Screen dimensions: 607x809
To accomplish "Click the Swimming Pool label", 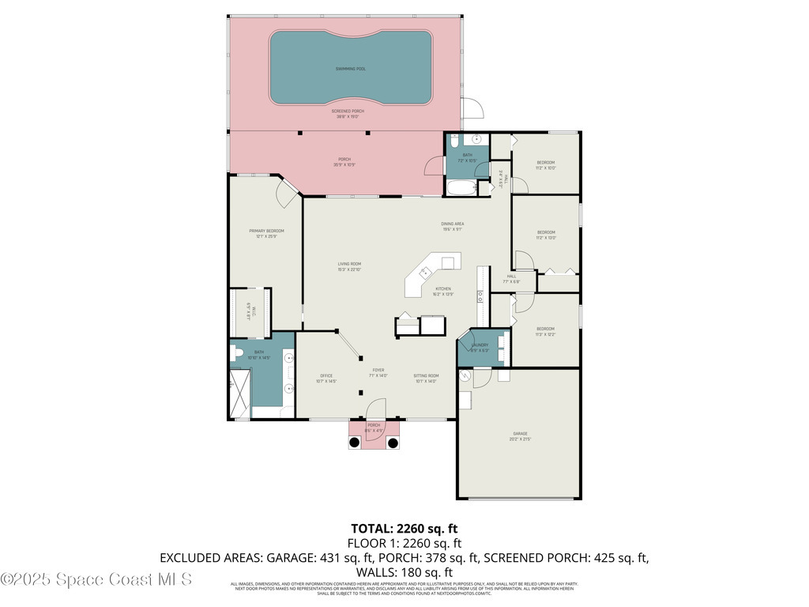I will point(350,69).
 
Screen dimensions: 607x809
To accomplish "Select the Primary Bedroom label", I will point(266,233).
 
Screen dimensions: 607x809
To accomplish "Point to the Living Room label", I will point(349,266).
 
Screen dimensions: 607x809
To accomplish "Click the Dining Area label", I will point(452,226).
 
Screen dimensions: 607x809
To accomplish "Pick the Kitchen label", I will point(443,292).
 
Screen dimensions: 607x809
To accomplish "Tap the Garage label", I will point(519,436).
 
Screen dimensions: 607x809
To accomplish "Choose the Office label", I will point(325,378).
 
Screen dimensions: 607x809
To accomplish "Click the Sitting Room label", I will point(425,378).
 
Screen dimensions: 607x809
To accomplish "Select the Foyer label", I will point(378,371).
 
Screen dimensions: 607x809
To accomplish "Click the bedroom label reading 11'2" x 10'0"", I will point(546,164).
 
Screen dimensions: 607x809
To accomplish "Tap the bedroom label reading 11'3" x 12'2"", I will point(545,331).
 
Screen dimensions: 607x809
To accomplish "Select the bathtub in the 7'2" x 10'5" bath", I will point(462,189).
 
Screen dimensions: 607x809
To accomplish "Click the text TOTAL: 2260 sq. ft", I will point(404,528).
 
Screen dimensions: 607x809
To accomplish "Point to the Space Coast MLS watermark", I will point(96,579).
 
